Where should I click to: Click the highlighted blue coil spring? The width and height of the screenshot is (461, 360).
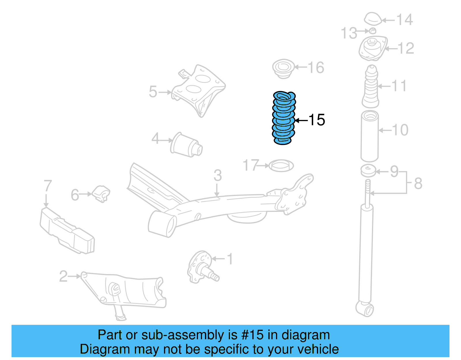click(284, 118)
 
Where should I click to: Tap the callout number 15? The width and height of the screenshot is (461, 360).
click(317, 120)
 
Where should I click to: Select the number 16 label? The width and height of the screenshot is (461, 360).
click(316, 68)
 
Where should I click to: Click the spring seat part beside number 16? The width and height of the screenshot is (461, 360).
click(283, 69)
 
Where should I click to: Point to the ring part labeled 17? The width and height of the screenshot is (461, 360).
click(281, 166)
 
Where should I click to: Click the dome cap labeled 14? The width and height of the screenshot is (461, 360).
click(373, 19)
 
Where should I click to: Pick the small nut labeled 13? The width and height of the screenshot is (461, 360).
click(373, 31)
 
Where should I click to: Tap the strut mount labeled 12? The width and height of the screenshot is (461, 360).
click(373, 48)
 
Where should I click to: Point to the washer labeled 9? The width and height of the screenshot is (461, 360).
click(368, 171)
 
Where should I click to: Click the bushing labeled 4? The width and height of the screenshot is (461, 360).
click(186, 145)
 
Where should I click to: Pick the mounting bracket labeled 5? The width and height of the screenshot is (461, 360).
click(199, 89)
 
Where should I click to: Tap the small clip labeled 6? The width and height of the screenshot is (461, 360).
click(101, 194)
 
